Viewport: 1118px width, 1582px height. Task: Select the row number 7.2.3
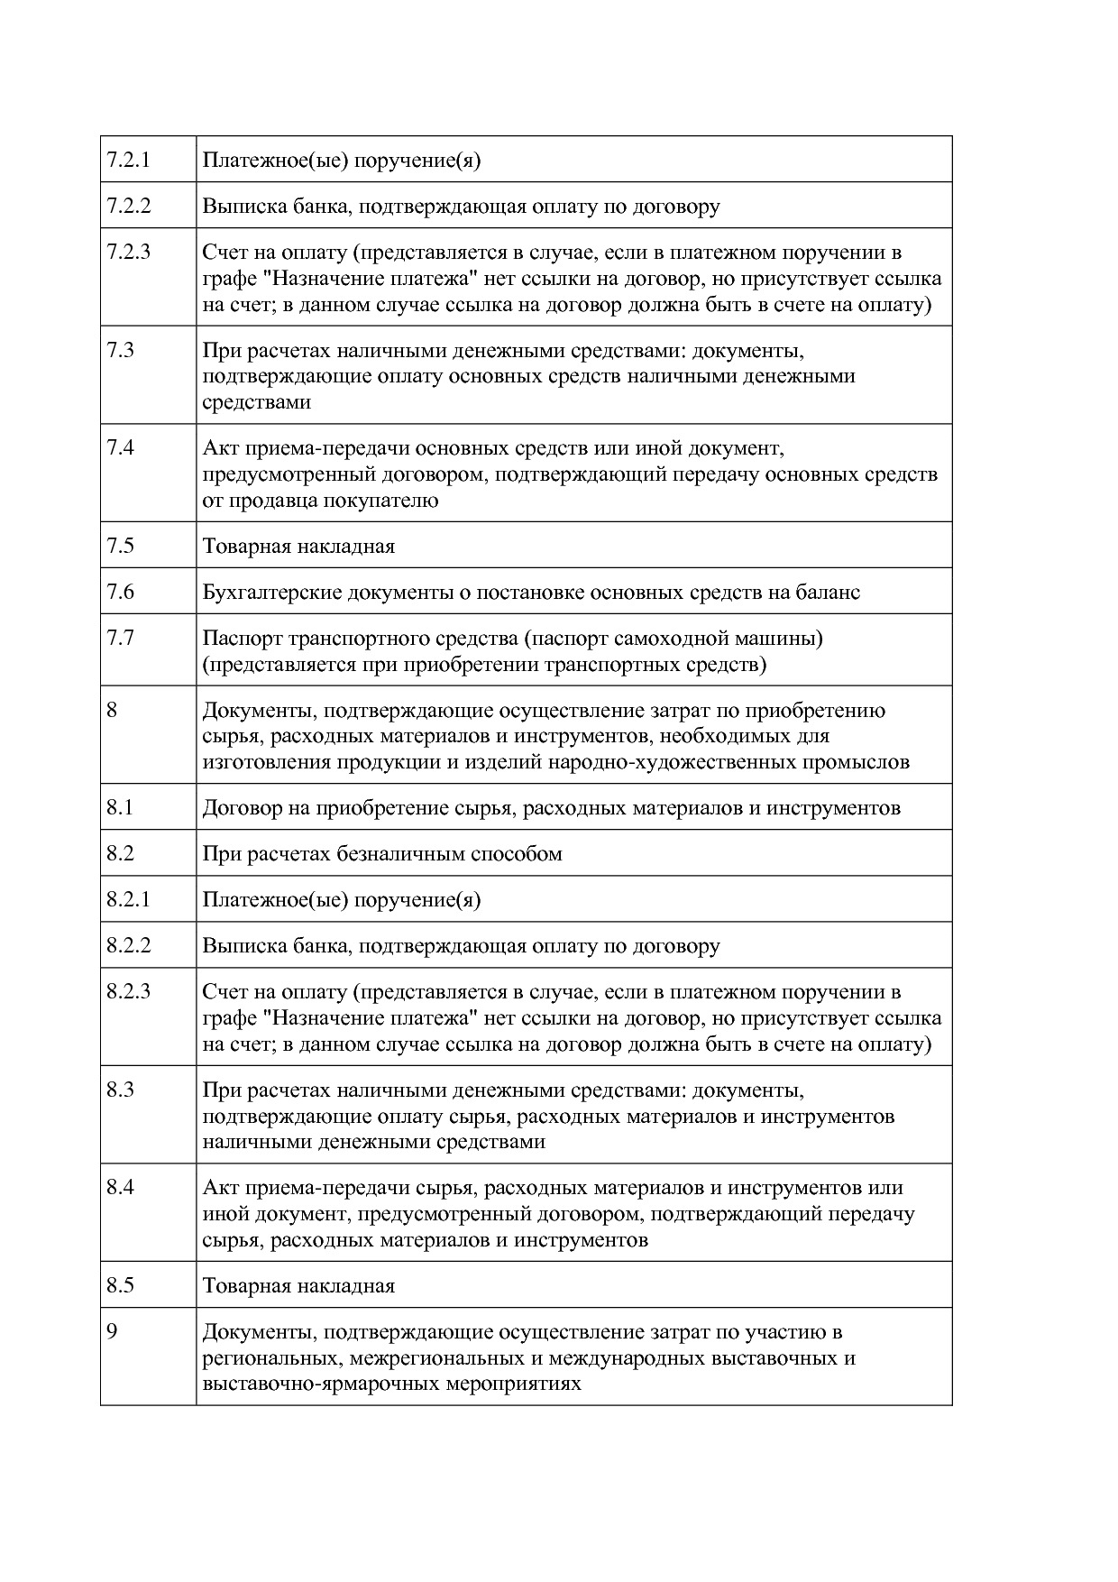point(128,252)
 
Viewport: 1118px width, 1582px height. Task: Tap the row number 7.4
point(120,448)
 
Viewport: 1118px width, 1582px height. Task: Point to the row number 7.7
point(120,639)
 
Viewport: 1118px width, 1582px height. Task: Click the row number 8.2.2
point(128,946)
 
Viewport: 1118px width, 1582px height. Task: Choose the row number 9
point(112,1332)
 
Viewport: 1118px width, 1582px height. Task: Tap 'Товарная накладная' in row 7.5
point(298,547)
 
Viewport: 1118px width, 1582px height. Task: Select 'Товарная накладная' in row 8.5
point(298,1286)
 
